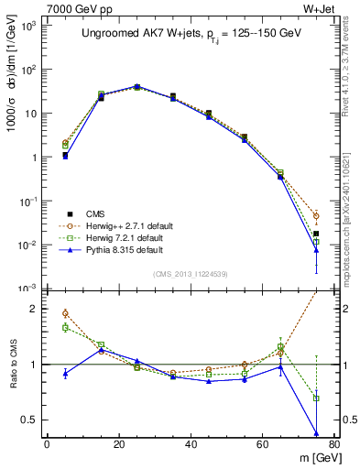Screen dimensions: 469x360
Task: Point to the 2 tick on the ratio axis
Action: [x=36, y=309]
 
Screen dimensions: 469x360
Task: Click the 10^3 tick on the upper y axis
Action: [x=31, y=25]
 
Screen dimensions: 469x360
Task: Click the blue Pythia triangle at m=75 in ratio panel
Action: [x=316, y=433]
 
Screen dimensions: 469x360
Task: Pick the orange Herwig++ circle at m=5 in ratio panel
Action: [x=65, y=313]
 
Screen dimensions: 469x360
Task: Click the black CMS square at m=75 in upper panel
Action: [x=316, y=234]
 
